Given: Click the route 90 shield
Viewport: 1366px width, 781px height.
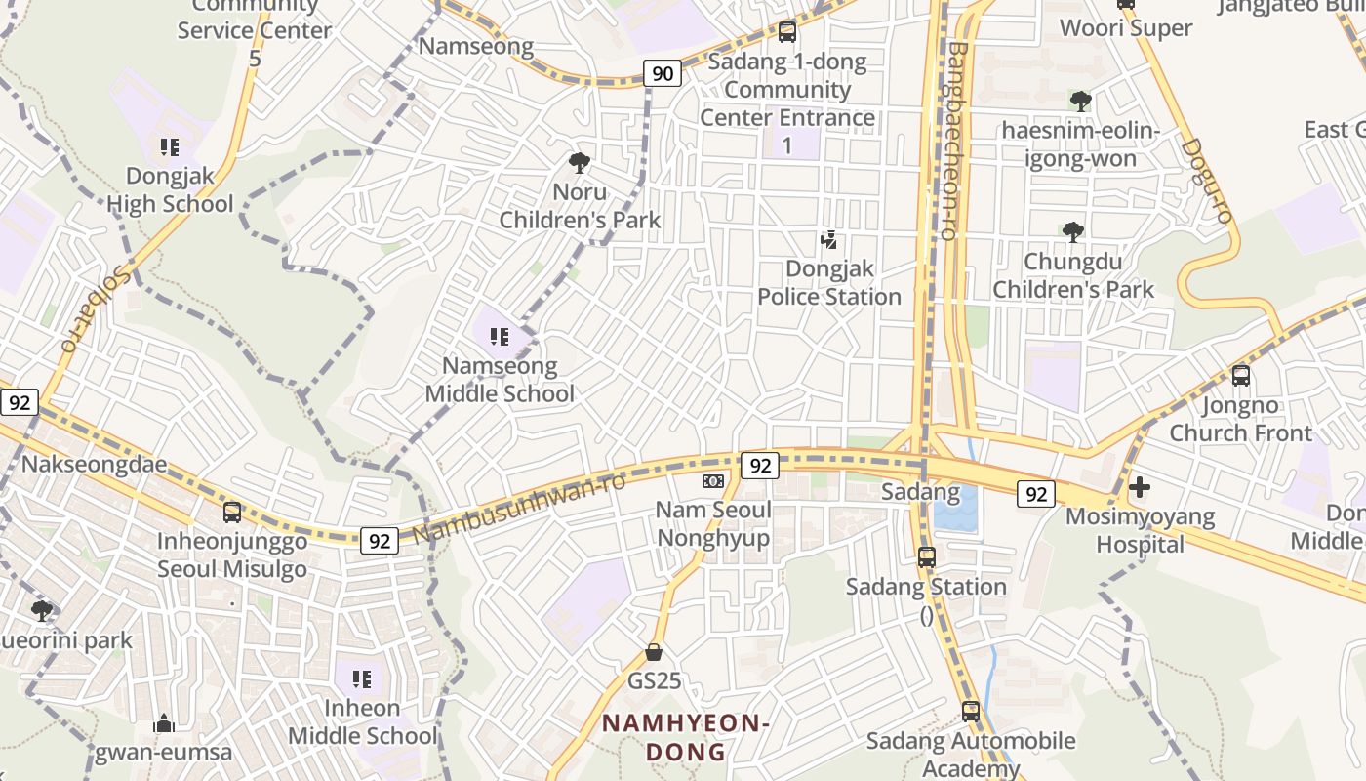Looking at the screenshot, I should click(663, 73).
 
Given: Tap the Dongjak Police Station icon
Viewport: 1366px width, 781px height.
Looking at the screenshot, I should click(829, 239).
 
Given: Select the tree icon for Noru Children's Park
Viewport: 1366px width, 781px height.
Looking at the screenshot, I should click(580, 163).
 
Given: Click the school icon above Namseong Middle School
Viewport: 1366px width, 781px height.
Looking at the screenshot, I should click(500, 338).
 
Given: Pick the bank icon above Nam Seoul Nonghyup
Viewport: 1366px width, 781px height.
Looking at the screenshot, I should click(713, 481).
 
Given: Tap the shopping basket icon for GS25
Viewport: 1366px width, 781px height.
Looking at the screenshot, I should click(654, 652).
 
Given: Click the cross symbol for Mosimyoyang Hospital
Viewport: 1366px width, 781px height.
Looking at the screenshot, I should click(1139, 486).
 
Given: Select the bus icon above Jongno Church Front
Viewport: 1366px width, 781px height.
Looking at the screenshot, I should click(1240, 376).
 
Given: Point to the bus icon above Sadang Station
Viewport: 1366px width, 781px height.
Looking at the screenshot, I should click(926, 557).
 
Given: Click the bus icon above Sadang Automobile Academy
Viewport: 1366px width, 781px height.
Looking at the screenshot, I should click(970, 712).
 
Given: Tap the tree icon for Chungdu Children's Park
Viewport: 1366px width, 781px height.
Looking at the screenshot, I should click(1073, 232).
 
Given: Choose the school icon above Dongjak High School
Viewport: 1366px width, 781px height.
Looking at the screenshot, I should click(170, 147).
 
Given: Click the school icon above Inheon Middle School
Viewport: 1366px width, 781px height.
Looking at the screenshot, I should click(362, 678).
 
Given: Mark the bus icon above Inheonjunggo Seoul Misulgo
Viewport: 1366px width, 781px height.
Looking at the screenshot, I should click(232, 513).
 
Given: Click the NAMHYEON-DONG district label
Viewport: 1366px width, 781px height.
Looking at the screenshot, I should click(686, 737).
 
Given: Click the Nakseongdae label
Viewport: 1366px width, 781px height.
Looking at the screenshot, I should click(95, 464).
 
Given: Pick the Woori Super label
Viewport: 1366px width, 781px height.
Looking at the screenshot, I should click(1126, 28).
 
